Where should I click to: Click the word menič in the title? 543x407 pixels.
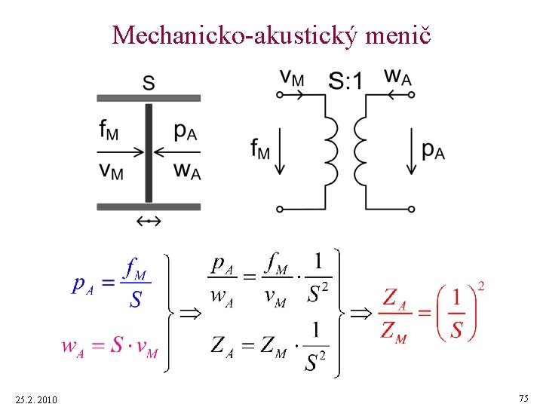coord(404,34)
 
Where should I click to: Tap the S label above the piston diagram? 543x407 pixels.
coord(149,81)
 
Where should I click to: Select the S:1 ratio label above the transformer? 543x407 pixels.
coord(345,79)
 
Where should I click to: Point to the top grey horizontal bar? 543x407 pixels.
coord(149,97)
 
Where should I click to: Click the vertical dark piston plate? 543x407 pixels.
coord(149,151)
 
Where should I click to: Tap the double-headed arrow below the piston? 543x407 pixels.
coord(149,221)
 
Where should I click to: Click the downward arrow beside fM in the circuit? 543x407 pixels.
coord(280,150)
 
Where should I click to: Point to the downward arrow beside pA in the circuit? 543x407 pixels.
coord(410,150)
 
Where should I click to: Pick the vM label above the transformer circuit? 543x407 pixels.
coord(292,77)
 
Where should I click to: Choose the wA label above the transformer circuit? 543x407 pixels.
coord(397,77)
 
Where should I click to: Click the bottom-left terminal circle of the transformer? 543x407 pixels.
coord(280,209)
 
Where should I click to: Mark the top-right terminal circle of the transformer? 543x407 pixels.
coord(411,95)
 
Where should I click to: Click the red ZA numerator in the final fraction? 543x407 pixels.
coord(394,299)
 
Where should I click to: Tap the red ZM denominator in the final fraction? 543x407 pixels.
coord(394,331)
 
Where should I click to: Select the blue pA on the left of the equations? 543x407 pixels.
coord(82,284)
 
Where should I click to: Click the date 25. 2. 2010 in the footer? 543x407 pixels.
coord(35,398)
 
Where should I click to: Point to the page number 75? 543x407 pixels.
coord(523,397)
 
